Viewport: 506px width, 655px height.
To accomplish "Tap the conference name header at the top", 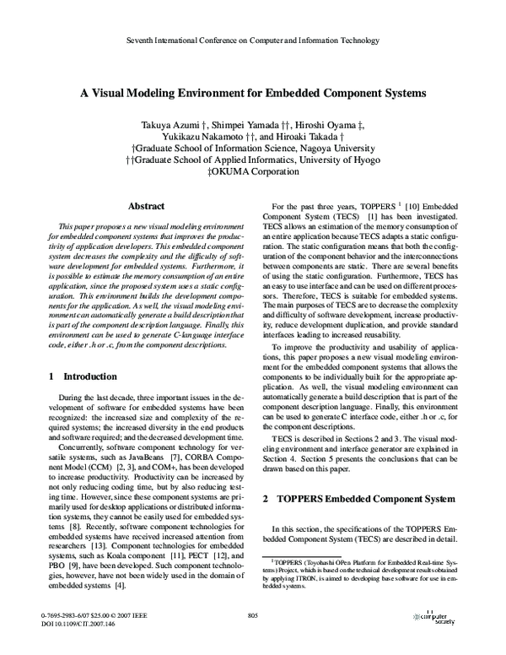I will pos(253,41).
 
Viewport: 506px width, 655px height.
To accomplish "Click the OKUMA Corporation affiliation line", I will pos(253,171).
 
